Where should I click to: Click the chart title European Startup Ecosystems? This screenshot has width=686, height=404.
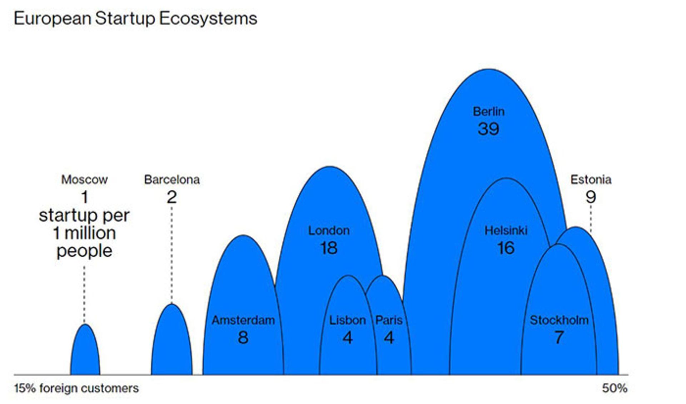[x=135, y=19]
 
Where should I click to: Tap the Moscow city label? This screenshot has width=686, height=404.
[x=84, y=179]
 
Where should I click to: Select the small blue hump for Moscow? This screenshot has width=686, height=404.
[x=85, y=352]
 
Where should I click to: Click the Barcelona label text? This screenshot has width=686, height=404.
[x=172, y=179]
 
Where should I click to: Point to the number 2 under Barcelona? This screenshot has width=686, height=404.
[x=172, y=197]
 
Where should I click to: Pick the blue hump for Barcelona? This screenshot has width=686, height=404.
[x=172, y=343]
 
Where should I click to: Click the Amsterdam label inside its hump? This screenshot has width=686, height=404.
[x=243, y=320]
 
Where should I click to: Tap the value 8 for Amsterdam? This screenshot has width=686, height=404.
[x=243, y=338]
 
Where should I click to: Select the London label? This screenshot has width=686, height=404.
[x=329, y=231]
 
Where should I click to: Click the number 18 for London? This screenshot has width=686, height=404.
[x=329, y=248]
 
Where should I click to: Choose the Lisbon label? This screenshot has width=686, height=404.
[x=347, y=320]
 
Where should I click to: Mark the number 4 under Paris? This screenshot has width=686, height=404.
[x=389, y=338]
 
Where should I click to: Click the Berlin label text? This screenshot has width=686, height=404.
[x=488, y=112]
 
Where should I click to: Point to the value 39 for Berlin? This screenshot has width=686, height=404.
[x=488, y=129]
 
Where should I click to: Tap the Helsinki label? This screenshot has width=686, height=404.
[x=506, y=231]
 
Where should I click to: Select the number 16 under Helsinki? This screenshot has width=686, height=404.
[x=506, y=248]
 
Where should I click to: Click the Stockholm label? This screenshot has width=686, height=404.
[x=559, y=320]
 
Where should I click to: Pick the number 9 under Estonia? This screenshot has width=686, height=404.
[x=591, y=197]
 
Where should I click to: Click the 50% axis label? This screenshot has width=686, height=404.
[x=615, y=388]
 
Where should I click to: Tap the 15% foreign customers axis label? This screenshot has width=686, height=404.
[x=76, y=388]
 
